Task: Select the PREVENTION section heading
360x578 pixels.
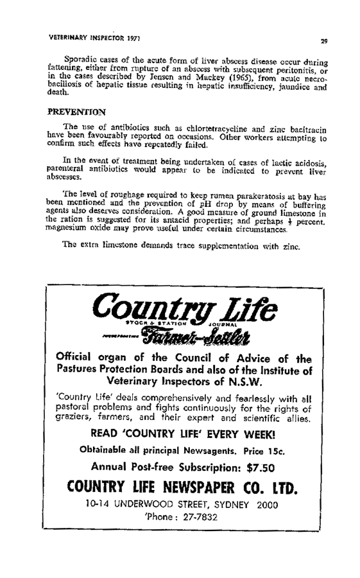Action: [80, 110]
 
